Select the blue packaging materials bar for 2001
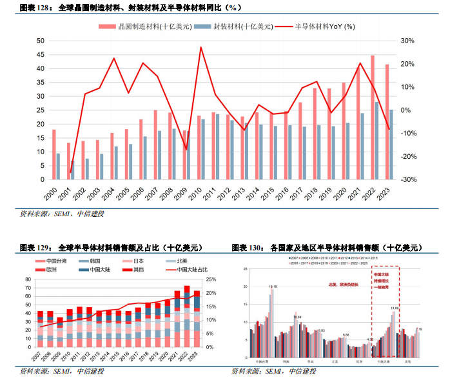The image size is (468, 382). click(x=73, y=170)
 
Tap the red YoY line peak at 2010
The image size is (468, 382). click(x=201, y=47)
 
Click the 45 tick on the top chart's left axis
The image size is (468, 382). click(x=40, y=54)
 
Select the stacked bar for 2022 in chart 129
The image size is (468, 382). click(x=187, y=317)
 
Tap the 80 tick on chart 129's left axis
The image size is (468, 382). click(x=28, y=279)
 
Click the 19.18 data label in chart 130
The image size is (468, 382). click(x=273, y=286)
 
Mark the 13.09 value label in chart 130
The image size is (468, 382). click(x=395, y=308)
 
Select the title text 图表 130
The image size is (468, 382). click(x=246, y=247)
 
